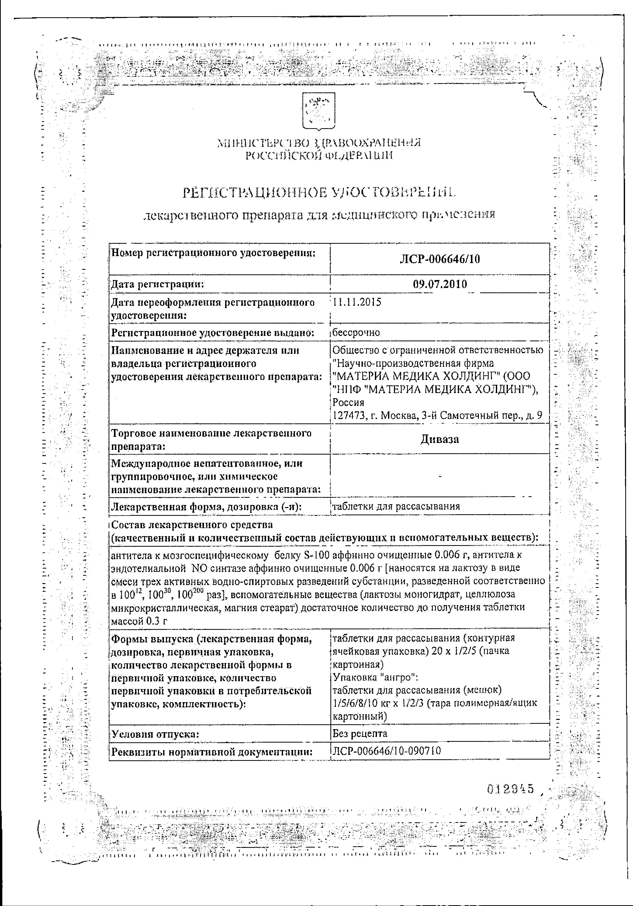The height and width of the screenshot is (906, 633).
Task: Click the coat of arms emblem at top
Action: click(318, 111)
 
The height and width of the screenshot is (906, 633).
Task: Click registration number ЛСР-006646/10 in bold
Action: click(440, 259)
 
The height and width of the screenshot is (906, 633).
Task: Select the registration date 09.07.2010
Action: click(440, 284)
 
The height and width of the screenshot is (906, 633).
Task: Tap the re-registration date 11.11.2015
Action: click(357, 303)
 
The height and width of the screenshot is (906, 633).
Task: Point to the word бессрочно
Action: click(356, 333)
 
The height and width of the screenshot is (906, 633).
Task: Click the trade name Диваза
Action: click(440, 439)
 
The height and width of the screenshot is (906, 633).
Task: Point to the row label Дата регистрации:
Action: click(158, 284)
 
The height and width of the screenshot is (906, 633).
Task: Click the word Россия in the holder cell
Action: click(349, 403)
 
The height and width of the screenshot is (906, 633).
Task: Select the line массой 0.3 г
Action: click(139, 621)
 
